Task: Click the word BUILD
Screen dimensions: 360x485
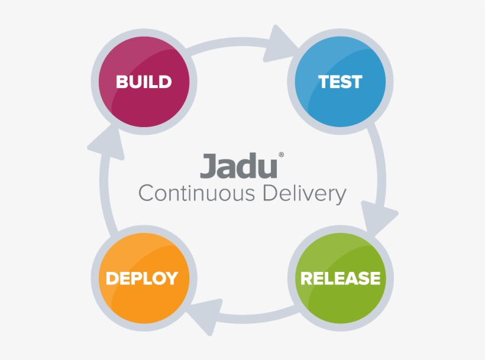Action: (144, 82)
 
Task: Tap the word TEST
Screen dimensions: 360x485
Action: (340, 82)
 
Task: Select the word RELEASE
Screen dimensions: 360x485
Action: (340, 278)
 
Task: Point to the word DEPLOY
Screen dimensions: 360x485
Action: (142, 278)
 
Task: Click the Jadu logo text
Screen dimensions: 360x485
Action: (238, 166)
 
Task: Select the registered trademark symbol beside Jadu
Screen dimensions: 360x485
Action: (281, 155)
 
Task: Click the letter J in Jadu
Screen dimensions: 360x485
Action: (208, 166)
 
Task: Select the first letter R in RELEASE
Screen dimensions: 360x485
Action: (308, 278)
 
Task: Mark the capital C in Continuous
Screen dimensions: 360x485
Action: (145, 193)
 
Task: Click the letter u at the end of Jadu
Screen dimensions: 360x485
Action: (267, 168)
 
